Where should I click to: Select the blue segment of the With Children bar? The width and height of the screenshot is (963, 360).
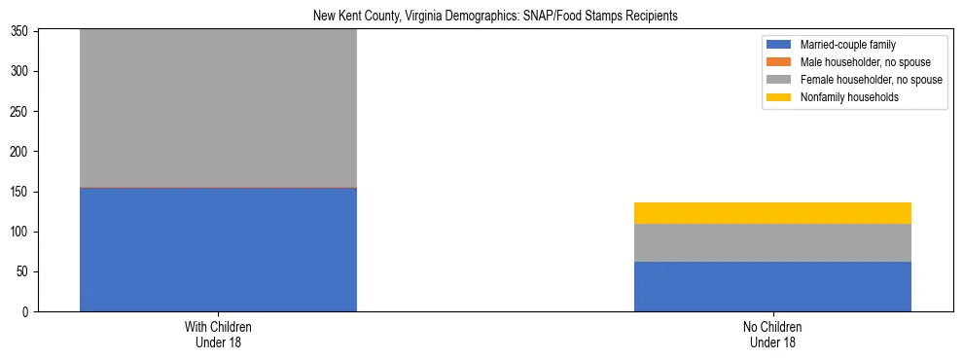(x=218, y=249)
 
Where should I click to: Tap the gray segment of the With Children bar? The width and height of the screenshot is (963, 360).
(x=218, y=108)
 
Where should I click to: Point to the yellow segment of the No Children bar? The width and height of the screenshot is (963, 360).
(x=772, y=213)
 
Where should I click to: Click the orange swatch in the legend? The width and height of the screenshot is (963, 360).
(x=779, y=62)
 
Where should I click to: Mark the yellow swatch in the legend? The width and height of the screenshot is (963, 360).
(x=779, y=97)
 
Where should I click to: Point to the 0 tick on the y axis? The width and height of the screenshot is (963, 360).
(x=27, y=312)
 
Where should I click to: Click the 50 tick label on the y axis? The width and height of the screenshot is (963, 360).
(x=24, y=272)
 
